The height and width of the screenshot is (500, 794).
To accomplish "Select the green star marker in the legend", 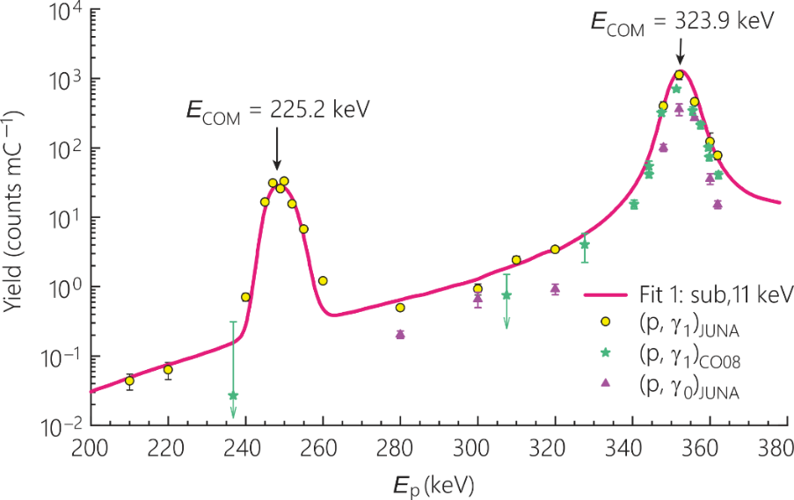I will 604,352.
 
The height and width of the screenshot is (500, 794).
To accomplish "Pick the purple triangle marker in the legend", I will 604,383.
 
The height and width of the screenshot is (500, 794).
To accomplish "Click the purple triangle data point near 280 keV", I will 400,334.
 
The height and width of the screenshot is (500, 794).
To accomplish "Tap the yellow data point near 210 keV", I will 129,380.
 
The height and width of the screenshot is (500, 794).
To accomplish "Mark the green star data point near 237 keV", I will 233,396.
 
